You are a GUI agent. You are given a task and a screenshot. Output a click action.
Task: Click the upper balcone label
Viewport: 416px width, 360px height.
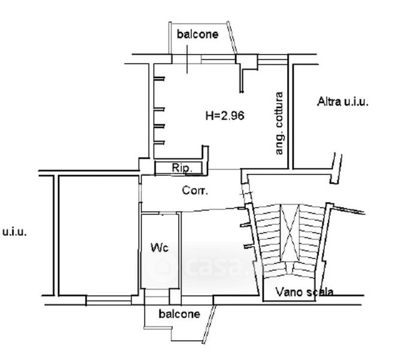point(197,34)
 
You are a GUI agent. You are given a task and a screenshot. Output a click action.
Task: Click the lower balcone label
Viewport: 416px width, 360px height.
point(179,314)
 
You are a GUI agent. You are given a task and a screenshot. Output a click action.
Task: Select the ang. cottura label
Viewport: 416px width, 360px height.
point(279,124)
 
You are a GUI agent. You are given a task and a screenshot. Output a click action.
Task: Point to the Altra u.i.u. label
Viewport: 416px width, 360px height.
point(343,102)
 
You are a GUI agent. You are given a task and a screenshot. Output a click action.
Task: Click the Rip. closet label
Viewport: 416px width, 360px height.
point(182,169)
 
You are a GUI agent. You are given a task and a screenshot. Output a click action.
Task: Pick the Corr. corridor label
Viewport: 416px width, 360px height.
point(195,191)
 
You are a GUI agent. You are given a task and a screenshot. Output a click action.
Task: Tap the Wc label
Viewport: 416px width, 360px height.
point(159,247)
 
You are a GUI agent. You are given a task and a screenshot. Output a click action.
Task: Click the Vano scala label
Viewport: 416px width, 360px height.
point(305,292)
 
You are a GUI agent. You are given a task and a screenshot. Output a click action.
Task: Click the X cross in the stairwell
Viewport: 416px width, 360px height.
point(290,230)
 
